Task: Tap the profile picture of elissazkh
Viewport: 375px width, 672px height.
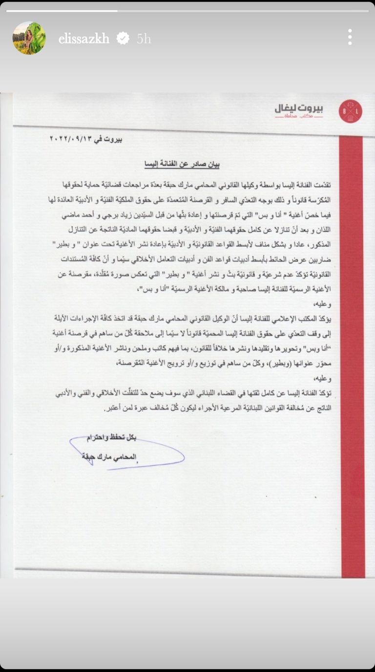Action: point(29,38)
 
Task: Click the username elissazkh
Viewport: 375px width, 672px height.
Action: point(83,39)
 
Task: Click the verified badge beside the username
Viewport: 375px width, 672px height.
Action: point(123,38)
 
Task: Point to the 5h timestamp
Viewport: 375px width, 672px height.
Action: point(144,39)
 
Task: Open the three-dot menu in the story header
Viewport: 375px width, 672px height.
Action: point(350,37)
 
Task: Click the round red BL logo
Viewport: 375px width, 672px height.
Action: point(350,111)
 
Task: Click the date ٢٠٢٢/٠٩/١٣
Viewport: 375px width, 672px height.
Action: point(73,139)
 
